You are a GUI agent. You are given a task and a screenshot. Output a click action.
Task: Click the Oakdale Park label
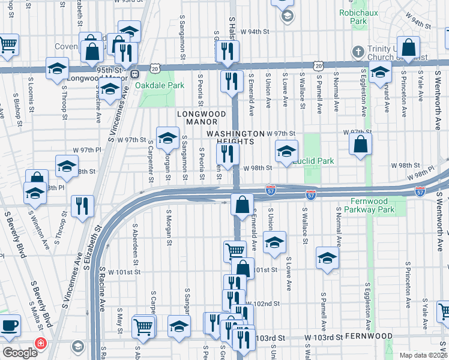pos(160,86)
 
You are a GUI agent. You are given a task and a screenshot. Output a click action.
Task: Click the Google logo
pos(20,352)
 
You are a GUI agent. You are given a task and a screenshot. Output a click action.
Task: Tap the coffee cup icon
pos(9,327)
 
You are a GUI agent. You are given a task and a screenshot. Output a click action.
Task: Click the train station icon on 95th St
pos(136,74)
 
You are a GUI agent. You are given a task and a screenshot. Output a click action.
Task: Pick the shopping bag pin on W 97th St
pos(360,145)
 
